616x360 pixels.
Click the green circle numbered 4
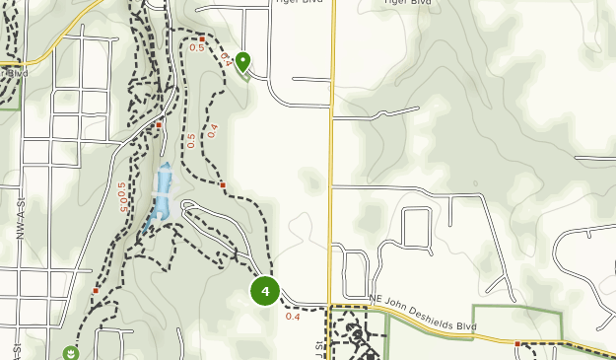(x=265, y=291)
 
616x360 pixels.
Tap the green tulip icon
(x=70, y=351)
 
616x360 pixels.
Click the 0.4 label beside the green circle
(x=292, y=317)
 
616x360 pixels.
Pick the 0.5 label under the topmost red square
(x=196, y=48)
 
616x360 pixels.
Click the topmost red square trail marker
(x=201, y=38)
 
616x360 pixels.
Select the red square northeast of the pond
(x=224, y=184)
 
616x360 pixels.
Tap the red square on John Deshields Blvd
(x=517, y=344)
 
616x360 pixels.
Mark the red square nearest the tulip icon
(x=96, y=291)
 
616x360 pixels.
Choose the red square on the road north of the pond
(x=158, y=125)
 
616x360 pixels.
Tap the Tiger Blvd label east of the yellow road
(x=406, y=3)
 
